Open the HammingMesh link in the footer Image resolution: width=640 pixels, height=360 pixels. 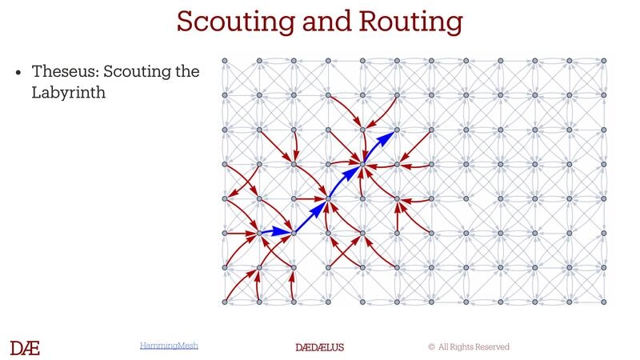(169, 346)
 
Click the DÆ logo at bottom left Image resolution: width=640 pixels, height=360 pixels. (25, 347)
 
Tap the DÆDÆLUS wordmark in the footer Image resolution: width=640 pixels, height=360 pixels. (320, 347)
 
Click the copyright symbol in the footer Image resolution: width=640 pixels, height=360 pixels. (431, 347)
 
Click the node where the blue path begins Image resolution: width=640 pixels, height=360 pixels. (259, 233)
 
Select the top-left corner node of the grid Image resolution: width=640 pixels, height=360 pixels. (225, 61)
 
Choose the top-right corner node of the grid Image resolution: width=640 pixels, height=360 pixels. (604, 61)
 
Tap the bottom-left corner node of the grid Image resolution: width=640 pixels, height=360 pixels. (225, 302)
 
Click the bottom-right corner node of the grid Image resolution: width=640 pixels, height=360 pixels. (604, 302)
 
